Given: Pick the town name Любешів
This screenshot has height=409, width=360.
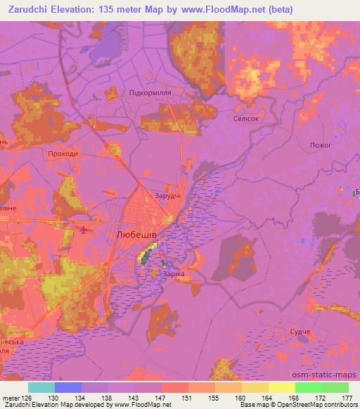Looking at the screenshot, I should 135,236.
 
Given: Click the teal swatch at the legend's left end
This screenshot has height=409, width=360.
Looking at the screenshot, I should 41,387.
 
